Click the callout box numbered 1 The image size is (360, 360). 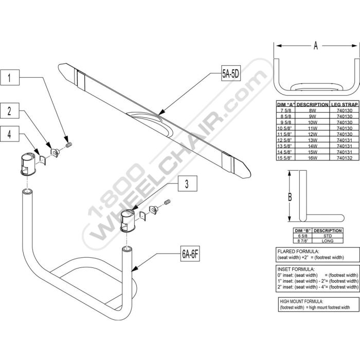click(x=9, y=77)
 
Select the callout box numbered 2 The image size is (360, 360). click(x=9, y=111)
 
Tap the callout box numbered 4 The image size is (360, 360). click(x=9, y=134)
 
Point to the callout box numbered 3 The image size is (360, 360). click(x=187, y=184)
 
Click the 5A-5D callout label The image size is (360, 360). click(x=231, y=74)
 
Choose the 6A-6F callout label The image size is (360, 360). click(x=190, y=254)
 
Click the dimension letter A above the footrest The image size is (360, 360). click(x=316, y=46)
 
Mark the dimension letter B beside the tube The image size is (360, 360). click(x=290, y=197)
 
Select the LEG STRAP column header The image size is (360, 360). click(x=345, y=105)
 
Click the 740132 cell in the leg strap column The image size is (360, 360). click(x=345, y=158)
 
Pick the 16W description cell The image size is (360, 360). click(x=313, y=158)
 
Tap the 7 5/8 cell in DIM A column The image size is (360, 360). click(x=285, y=110)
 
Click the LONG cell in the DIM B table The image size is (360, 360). click(x=328, y=241)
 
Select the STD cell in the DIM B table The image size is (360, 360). click(x=328, y=236)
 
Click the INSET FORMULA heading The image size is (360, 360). click(x=296, y=269)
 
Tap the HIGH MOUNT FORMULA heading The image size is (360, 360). click(x=301, y=301)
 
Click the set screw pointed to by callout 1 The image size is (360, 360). click(x=69, y=145)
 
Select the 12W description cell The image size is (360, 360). click(x=313, y=134)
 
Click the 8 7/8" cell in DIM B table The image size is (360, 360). click(x=302, y=241)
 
